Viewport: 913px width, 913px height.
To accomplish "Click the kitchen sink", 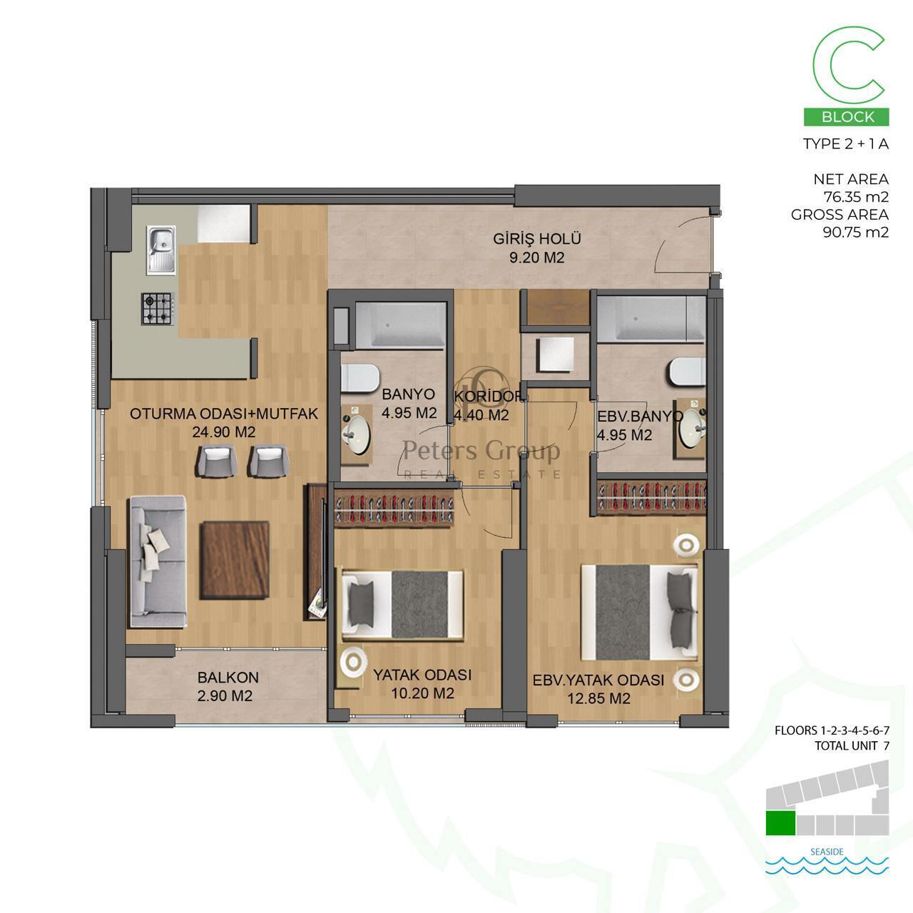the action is pos(161,250).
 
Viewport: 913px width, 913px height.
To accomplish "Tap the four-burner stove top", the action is pos(156,308).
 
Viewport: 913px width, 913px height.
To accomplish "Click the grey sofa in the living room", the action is pos(158,562).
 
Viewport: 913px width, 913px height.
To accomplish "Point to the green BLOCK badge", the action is pos(846,116).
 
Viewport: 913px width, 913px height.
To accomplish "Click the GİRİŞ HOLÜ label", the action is pos(537,238).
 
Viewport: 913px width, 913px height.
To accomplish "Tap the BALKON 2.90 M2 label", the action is pos(228,687).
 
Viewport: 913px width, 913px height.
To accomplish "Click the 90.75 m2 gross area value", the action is pos(856,232).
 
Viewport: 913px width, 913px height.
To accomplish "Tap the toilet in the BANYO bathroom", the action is pos(360,377).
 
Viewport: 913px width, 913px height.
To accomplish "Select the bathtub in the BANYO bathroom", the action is pos(401,324).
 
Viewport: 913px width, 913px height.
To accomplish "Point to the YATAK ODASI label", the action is pos(422,675).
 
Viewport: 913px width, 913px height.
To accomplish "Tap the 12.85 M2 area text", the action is pos(599,699).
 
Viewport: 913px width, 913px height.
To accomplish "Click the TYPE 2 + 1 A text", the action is pos(846,144).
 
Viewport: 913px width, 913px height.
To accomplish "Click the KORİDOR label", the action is pos(489,397).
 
